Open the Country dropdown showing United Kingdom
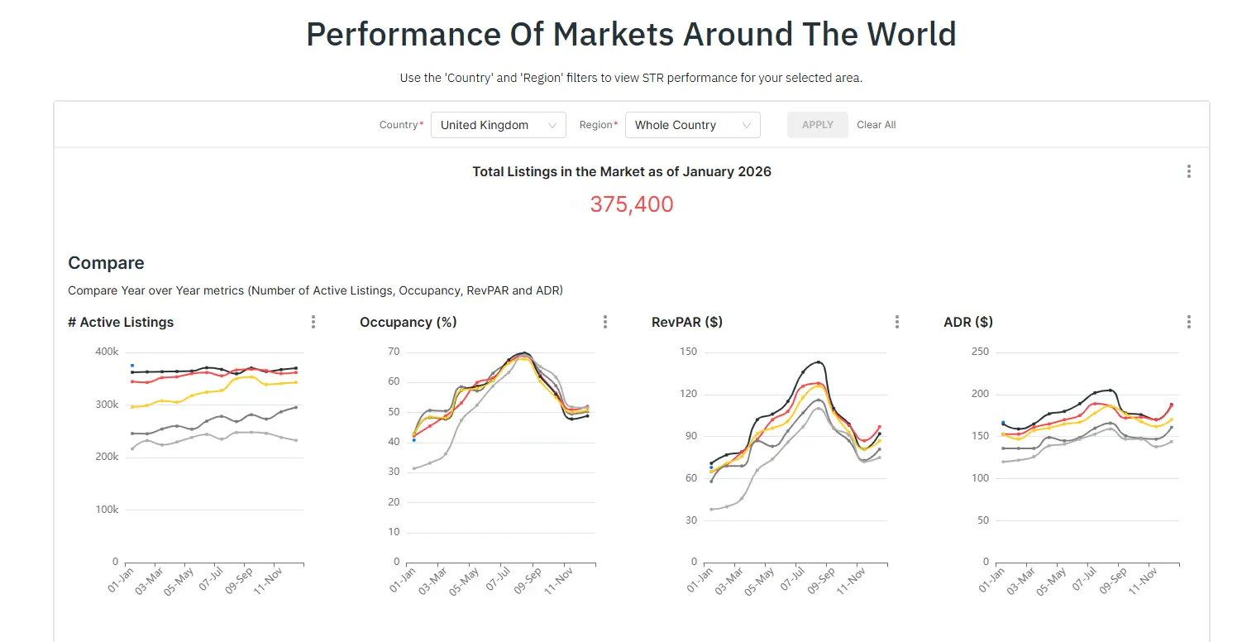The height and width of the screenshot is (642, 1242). point(498,125)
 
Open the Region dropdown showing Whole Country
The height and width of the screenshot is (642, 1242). point(692,125)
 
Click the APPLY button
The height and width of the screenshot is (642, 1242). point(817,125)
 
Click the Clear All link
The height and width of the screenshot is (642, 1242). point(876,125)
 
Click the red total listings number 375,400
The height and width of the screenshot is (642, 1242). point(631,204)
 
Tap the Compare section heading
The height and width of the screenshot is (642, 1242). point(106,263)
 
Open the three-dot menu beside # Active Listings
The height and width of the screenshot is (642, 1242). point(313,322)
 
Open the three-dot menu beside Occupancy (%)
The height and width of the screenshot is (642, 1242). point(605,322)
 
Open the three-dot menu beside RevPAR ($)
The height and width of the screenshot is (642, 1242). point(897,322)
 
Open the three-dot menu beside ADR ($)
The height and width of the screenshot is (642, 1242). point(1189,322)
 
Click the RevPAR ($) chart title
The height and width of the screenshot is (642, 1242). point(686,322)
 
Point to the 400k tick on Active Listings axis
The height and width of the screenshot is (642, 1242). point(107,352)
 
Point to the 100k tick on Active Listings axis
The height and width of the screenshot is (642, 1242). point(107,510)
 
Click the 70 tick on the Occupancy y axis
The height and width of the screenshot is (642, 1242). point(394,352)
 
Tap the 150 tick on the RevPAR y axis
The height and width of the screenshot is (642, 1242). point(688,352)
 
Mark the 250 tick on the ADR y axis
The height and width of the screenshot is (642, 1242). point(979,352)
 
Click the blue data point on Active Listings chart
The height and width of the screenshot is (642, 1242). point(131,365)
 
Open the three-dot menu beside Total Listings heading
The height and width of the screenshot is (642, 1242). point(1189,171)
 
